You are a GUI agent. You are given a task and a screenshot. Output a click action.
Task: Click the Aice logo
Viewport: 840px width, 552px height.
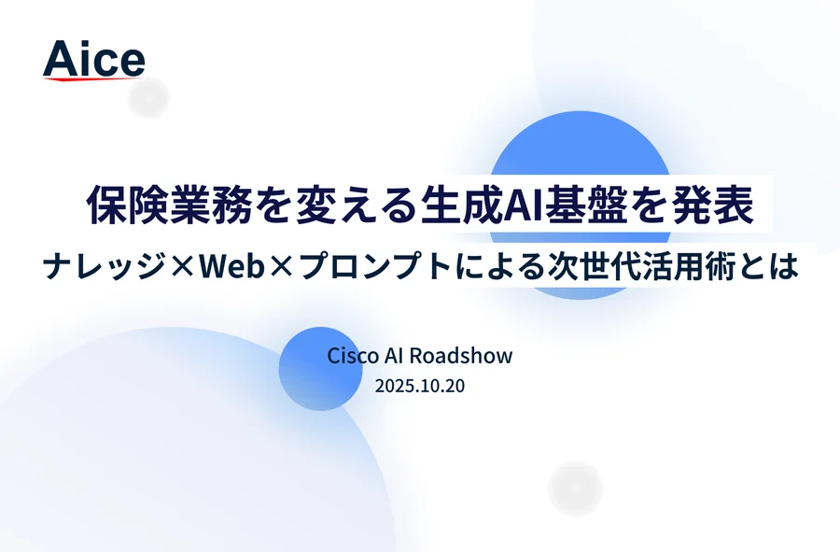(x=93, y=60)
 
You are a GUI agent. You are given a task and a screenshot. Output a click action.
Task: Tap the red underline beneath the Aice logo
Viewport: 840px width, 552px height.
(x=92, y=79)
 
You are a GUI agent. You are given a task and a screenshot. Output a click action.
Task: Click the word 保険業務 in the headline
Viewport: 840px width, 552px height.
(x=170, y=205)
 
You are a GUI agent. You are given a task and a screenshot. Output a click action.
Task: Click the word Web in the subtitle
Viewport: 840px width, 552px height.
(x=232, y=266)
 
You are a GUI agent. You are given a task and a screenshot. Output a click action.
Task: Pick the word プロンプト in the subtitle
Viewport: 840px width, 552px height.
(x=375, y=266)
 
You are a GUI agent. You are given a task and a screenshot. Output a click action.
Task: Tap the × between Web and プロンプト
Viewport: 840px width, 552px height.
(x=282, y=266)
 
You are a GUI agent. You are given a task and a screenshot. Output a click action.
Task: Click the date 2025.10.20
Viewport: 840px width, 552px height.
(x=419, y=386)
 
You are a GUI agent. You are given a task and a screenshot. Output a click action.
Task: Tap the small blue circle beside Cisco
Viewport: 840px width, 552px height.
(x=321, y=369)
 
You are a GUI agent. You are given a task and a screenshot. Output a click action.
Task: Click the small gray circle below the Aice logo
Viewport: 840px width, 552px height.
(x=149, y=97)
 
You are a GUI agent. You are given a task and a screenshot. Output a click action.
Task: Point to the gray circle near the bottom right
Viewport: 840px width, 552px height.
(x=575, y=488)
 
